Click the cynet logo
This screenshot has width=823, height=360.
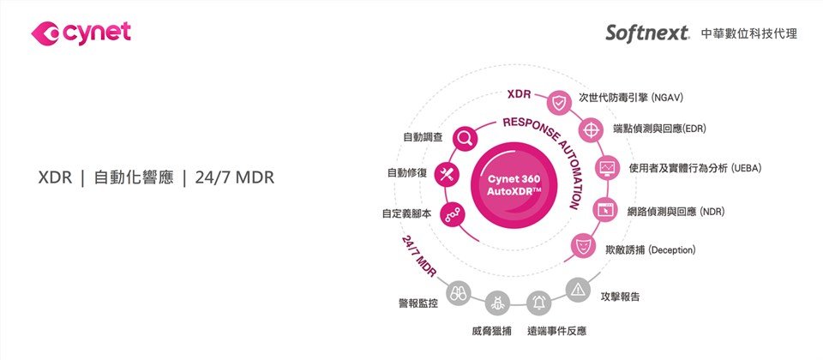point(81,33)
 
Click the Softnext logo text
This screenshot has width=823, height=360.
point(647,33)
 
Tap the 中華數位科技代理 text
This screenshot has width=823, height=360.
point(748,34)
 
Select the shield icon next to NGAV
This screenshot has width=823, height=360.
point(559,103)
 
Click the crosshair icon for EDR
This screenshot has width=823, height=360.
point(590,129)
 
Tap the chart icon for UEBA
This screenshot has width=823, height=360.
point(607,167)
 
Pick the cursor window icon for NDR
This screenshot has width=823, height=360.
point(604,209)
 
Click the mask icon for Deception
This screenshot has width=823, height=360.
point(583,247)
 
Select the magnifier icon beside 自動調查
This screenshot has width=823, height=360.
point(465,137)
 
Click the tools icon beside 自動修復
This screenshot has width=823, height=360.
point(446,173)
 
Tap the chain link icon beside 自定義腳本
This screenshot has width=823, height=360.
point(452,213)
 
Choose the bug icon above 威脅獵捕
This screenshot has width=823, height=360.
point(497,303)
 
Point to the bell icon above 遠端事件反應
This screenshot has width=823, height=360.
point(538,301)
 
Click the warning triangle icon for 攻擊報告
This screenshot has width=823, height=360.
point(578,288)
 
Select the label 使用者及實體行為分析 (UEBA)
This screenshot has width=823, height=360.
point(694,167)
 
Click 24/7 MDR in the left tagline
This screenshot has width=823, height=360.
point(235,178)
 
